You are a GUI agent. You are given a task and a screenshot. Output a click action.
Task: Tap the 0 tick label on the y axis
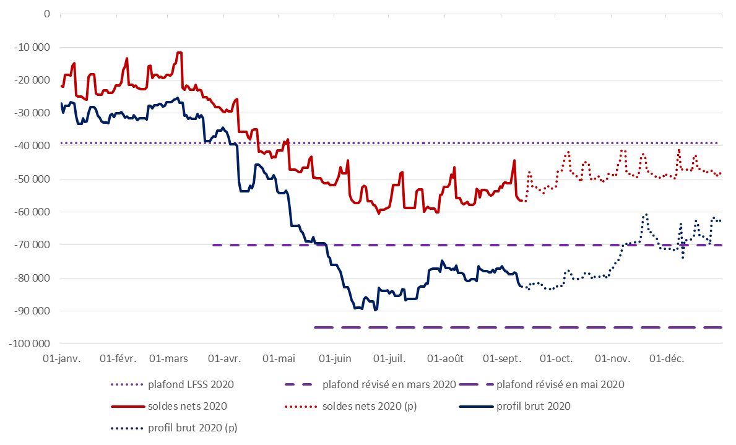tap(46, 14)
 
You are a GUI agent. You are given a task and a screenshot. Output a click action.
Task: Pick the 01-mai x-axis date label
tap(279, 359)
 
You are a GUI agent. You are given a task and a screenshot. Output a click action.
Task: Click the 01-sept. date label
tap(501, 359)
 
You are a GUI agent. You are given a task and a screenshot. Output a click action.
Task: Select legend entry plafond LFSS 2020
tap(191, 384)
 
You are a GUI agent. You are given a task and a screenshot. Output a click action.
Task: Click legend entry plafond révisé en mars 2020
tap(389, 384)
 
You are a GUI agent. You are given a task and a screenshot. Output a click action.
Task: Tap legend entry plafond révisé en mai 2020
tap(560, 384)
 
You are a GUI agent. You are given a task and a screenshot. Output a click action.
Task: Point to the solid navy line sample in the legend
tap(475, 407)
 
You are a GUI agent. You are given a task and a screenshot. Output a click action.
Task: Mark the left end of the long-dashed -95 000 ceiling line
tap(315, 327)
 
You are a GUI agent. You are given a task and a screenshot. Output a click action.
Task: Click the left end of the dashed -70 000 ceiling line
tap(213, 245)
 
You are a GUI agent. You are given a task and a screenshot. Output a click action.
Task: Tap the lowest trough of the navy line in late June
tap(375, 309)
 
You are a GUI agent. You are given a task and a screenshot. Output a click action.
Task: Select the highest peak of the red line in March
tap(180, 53)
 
